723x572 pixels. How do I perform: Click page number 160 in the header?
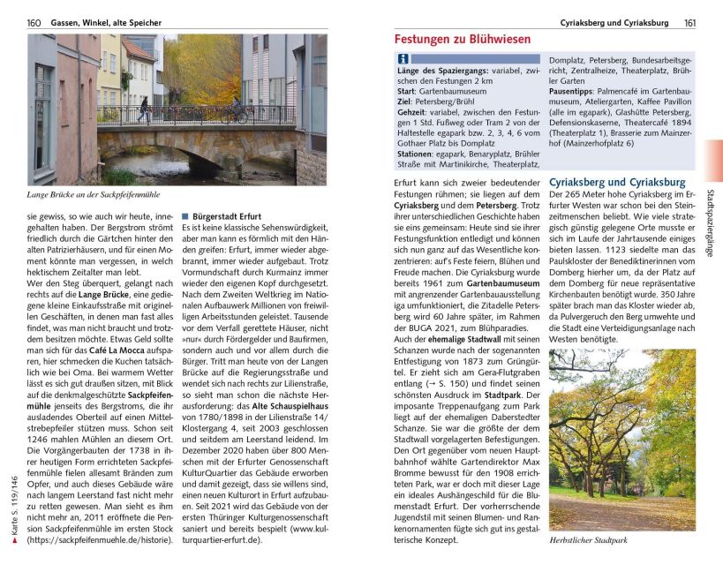[x=34, y=22]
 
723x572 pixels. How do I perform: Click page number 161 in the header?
[x=689, y=22]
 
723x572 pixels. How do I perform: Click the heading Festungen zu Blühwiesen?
[x=462, y=40]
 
